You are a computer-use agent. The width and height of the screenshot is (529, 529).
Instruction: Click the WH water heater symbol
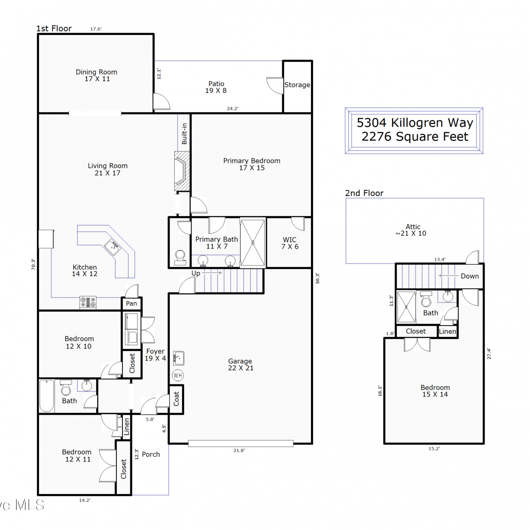[x=178, y=375]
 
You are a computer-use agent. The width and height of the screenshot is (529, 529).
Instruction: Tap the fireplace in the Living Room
[x=182, y=171]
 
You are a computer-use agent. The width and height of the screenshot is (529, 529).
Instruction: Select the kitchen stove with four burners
[x=88, y=302]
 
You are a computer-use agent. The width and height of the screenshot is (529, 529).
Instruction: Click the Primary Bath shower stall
[x=253, y=243]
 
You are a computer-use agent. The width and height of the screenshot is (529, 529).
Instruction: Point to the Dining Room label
[x=97, y=72]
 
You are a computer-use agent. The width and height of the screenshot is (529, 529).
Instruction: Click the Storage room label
[x=297, y=85]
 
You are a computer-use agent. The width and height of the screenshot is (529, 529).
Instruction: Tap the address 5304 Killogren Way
[x=415, y=123]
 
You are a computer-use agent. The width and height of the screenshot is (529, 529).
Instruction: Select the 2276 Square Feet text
[x=415, y=136]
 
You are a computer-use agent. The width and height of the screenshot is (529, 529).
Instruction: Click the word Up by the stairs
[x=196, y=273]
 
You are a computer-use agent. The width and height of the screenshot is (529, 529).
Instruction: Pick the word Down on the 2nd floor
[x=470, y=276]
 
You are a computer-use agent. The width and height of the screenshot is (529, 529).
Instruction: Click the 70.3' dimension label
[x=33, y=264]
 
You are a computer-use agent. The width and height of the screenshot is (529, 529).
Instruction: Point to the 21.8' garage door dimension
[x=239, y=450]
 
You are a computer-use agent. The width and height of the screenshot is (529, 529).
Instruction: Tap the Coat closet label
[x=176, y=399]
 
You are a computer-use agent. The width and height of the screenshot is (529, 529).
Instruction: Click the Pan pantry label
[x=132, y=303]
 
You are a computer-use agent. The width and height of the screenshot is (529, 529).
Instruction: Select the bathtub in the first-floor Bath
[x=47, y=396]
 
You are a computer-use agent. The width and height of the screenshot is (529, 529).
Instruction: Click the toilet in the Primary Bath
[x=180, y=257]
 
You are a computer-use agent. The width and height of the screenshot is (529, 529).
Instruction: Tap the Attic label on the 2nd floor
[x=413, y=227]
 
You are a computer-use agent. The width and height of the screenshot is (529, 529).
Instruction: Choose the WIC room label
[x=290, y=240]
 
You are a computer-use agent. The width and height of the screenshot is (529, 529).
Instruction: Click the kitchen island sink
[x=112, y=247]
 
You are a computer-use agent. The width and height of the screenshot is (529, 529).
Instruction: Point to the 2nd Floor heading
[x=364, y=193]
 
